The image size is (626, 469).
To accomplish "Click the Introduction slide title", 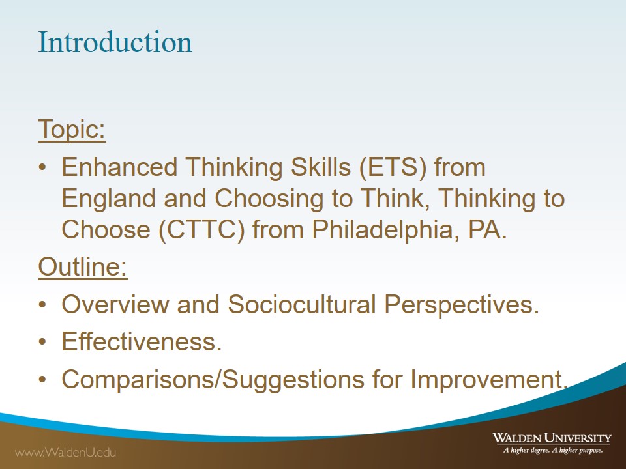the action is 115,42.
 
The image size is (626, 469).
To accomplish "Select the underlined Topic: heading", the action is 72,129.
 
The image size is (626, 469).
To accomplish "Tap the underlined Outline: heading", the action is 83,266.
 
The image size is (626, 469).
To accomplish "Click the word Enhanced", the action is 120,167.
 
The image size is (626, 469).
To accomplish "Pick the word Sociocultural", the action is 302,304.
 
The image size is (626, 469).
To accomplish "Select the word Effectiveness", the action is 142,342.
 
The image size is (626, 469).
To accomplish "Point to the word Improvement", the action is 489,380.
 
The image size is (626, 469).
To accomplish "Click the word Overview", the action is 115,304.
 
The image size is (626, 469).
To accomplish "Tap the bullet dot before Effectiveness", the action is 43,342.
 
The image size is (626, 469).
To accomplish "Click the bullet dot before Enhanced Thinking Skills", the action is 43,167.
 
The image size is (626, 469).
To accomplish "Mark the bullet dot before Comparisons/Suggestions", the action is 43,380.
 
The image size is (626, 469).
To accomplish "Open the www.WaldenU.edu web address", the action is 65,452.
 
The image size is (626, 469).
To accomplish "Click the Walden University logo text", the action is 552,438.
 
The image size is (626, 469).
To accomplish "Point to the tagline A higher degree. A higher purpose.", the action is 553,450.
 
